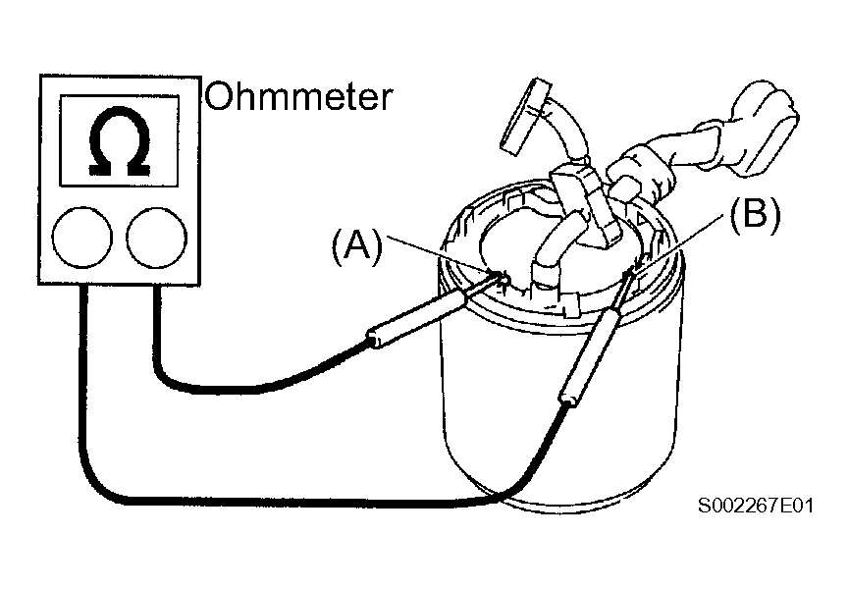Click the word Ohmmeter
click(x=298, y=97)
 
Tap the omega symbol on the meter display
click(x=120, y=141)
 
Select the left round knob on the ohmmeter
click(x=82, y=237)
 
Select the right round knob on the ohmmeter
click(x=157, y=237)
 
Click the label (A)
click(x=357, y=246)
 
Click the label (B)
click(x=756, y=215)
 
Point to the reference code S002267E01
click(x=756, y=506)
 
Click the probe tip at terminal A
click(x=502, y=276)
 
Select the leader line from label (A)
click(x=442, y=253)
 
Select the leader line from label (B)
click(x=679, y=241)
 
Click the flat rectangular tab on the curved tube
click(x=524, y=116)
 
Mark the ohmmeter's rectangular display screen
click(x=119, y=141)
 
